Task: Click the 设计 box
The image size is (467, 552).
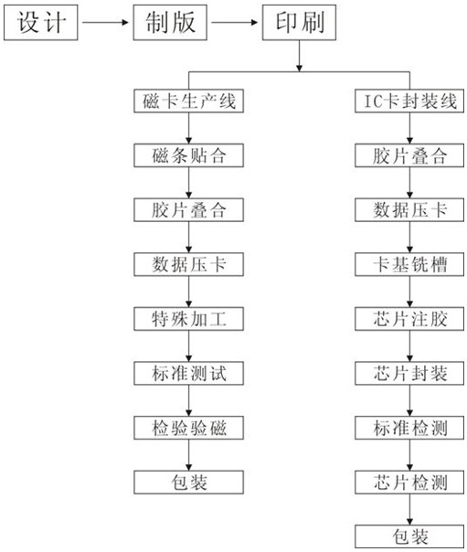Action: (41, 22)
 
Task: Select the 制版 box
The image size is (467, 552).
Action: (170, 22)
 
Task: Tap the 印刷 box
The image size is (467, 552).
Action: (299, 22)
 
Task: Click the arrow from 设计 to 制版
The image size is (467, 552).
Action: (105, 23)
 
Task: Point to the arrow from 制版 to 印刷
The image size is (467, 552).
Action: (234, 23)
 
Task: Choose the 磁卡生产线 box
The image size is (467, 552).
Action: (188, 101)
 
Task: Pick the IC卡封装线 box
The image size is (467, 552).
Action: (409, 101)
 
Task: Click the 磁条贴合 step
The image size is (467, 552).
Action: (188, 155)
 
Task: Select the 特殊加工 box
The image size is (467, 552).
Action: (188, 319)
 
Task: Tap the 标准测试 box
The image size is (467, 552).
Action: (188, 373)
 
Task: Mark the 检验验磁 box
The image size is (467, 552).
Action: (188, 428)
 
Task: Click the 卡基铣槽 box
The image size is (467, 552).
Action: (409, 264)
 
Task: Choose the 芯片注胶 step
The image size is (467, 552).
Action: (409, 319)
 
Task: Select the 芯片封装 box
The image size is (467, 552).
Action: (409, 373)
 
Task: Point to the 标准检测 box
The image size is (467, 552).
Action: (409, 428)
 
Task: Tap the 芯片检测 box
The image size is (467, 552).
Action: (409, 482)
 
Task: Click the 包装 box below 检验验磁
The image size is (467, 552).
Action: (188, 482)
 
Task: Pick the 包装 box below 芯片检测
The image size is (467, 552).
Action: (409, 536)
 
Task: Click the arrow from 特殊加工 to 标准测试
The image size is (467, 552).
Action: (188, 346)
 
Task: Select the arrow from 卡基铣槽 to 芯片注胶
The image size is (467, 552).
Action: (409, 292)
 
